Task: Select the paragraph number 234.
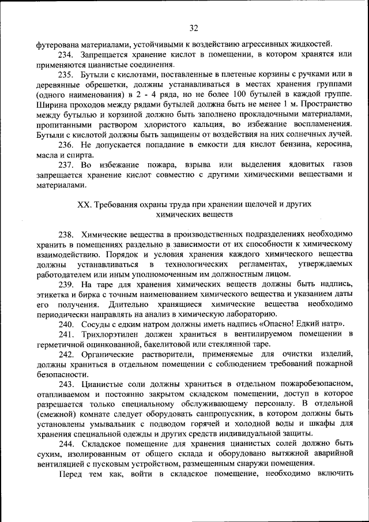pyautogui.click(x=66, y=54)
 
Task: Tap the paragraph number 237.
pyautogui.click(x=66, y=166)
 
